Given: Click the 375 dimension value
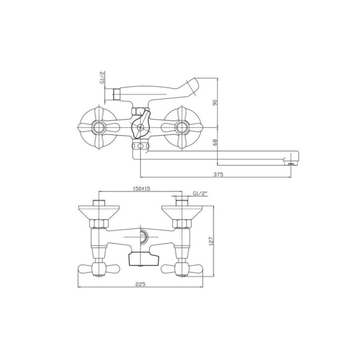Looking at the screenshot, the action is [218, 174].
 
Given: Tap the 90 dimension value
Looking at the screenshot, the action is [215, 103].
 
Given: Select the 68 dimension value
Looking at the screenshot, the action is [215, 142].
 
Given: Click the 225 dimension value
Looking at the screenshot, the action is [140, 284].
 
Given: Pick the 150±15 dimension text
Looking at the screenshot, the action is [141, 189].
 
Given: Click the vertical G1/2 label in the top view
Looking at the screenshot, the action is [102, 77].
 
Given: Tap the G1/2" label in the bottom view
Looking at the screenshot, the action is [200, 193].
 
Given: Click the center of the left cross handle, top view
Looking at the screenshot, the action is [99, 127].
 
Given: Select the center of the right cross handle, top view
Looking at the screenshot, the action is [182, 127].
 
